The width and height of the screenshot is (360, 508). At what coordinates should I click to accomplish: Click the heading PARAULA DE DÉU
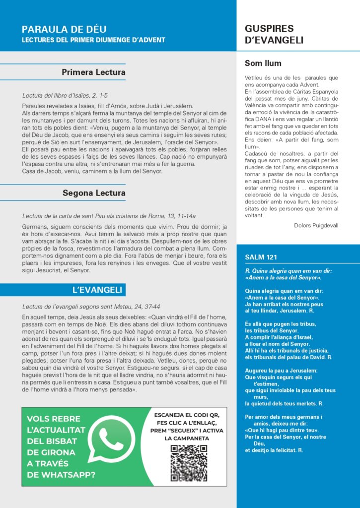click(x=64, y=29)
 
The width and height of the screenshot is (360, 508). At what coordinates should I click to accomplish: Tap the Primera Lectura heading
click(x=93, y=72)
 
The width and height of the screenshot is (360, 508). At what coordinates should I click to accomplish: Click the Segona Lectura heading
click(x=94, y=192)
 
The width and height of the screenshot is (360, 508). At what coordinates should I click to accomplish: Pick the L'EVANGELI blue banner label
click(x=97, y=289)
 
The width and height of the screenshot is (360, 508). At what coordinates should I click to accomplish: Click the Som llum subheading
click(x=263, y=63)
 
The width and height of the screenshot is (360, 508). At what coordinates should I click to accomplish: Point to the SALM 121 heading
click(x=261, y=257)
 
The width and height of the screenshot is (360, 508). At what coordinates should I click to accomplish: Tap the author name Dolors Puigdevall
click(x=316, y=225)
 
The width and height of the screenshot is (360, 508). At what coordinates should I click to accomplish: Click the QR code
click(x=189, y=463)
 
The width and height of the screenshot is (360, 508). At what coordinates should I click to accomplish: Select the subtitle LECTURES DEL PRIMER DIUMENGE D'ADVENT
click(x=93, y=40)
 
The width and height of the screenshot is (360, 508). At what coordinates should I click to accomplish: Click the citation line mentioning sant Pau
click(x=109, y=216)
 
